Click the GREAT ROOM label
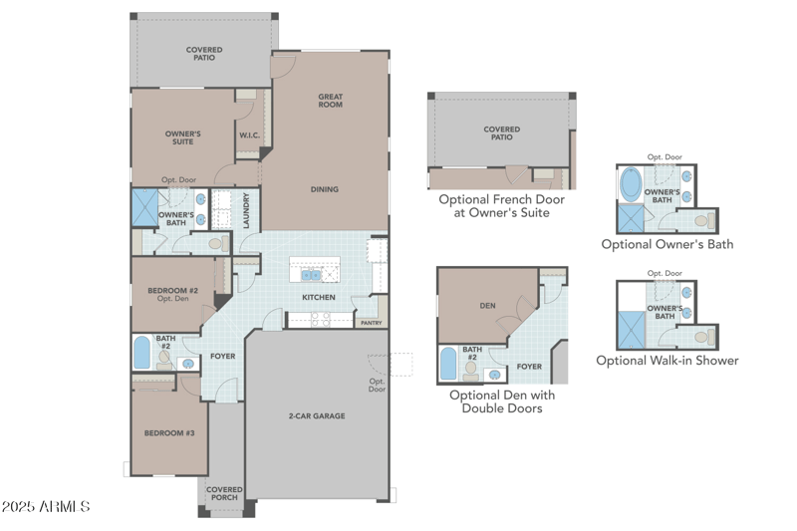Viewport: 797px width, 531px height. pos(331,101)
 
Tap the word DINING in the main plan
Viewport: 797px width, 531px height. pos(324,189)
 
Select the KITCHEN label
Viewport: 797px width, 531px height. pos(319,297)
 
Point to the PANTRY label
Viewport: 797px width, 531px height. pos(371,323)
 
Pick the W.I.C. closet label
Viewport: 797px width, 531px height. pos(249,135)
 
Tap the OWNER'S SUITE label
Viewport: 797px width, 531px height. pos(182,137)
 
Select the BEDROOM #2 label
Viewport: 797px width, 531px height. pos(173,294)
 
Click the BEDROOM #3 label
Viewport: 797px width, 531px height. pos(169,433)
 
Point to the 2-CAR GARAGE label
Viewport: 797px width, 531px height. pos(317,415)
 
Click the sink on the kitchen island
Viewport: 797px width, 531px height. pos(312,275)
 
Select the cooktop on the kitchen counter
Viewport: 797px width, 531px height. pos(320,320)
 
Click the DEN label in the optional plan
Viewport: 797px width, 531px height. pos(487,306)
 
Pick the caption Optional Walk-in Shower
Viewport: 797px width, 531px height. pos(667,361)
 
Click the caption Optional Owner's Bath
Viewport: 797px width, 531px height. pos(667,244)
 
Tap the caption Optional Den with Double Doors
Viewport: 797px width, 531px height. pos(502,401)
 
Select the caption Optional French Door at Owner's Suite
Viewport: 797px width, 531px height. pos(502,206)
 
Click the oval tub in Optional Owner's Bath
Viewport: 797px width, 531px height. pos(632,186)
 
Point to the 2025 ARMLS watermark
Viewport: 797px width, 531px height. pos(47,507)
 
